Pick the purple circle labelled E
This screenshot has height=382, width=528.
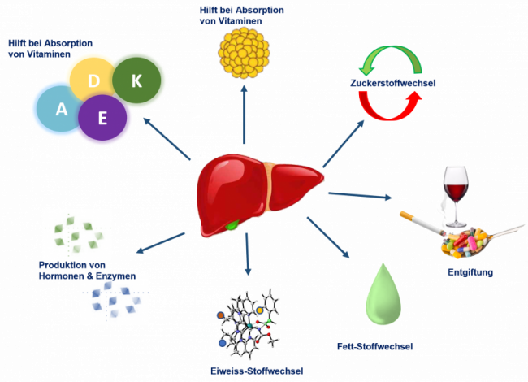tap(104, 119)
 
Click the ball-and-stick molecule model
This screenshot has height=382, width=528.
tap(248, 322)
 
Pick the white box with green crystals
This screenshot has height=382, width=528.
tap(76, 234)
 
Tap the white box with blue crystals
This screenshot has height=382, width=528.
tap(114, 299)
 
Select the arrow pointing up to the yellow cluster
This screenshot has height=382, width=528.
tap(244, 114)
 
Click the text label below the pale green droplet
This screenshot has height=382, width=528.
tap(374, 346)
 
